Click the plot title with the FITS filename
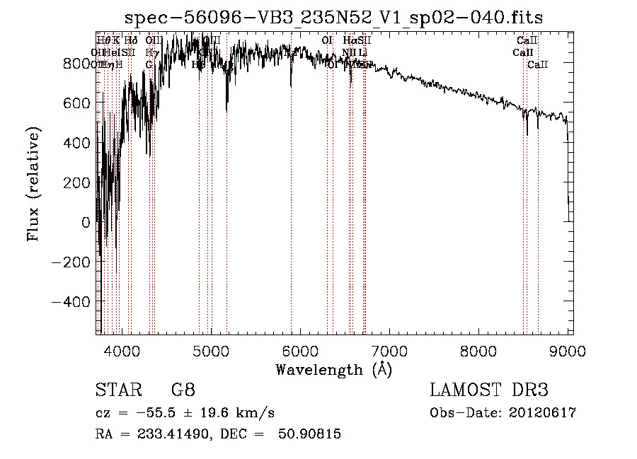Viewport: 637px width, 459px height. click(x=334, y=18)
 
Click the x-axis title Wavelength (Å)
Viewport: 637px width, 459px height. click(x=333, y=369)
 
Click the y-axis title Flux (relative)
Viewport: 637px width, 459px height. click(x=33, y=184)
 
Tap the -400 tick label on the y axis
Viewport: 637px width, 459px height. click(x=71, y=301)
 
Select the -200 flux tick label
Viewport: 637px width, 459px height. click(x=71, y=262)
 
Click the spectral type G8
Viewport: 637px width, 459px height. click(x=183, y=390)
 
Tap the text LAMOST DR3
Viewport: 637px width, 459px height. click(x=488, y=390)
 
